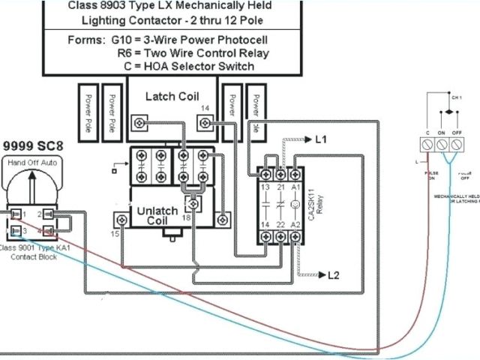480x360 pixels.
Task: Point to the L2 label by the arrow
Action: click(334, 275)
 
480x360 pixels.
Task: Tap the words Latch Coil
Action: click(171, 96)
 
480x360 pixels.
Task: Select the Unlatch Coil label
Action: click(157, 216)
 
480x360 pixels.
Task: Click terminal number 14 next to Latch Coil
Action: click(204, 109)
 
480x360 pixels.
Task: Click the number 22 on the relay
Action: click(280, 224)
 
